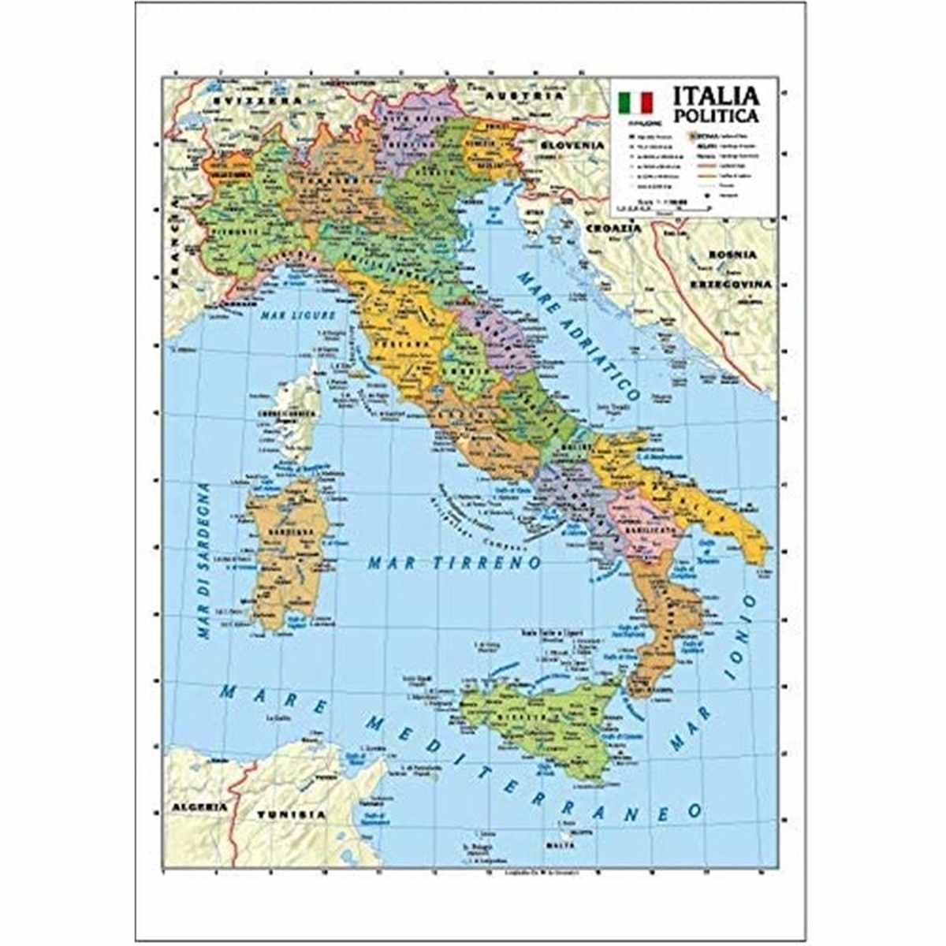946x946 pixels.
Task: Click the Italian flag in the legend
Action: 635,102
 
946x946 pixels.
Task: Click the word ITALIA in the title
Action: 715,96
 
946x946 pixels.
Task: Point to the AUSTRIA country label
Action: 535,95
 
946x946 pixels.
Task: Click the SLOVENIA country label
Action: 572,146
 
